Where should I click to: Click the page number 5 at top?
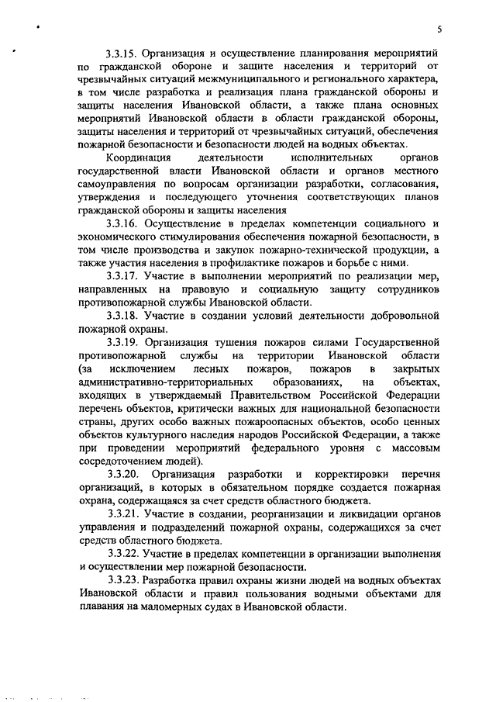click(439, 29)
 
